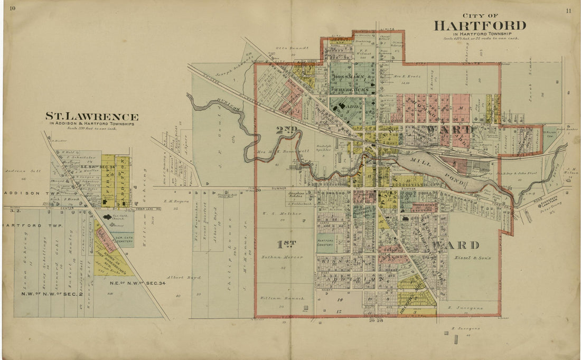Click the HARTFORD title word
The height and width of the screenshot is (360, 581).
480,25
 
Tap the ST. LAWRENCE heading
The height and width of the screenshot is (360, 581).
91,117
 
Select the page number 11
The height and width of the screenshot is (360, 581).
568,10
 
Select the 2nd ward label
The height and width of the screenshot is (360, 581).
287,129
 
